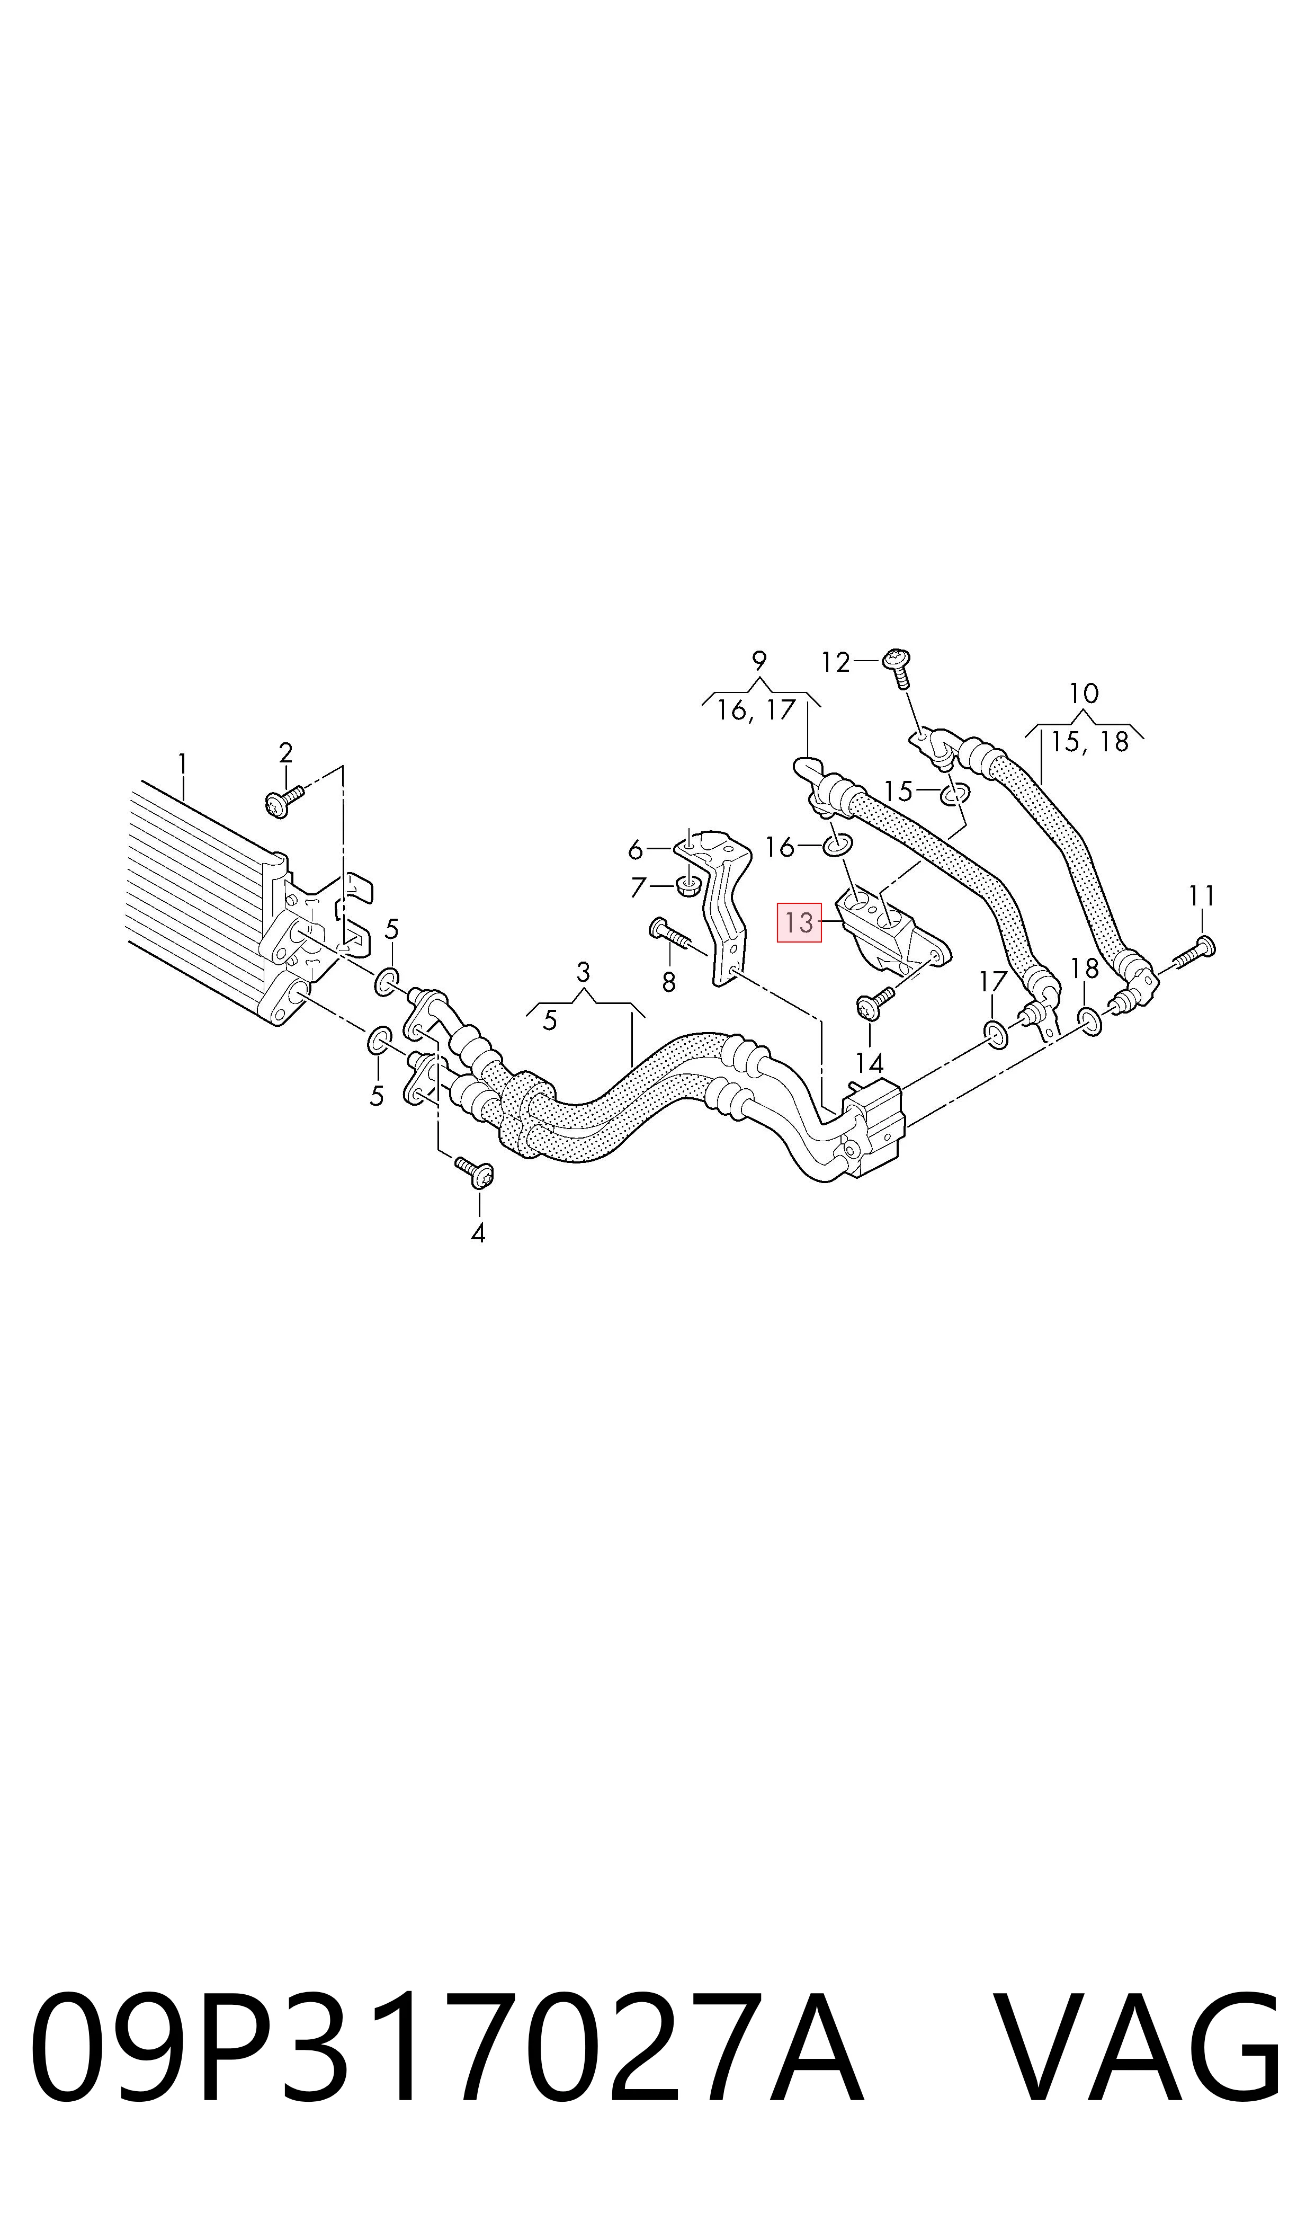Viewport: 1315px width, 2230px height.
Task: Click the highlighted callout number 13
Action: coord(799,922)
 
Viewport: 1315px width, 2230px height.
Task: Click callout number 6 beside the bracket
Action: coord(634,850)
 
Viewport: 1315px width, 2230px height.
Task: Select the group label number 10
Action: coord(1084,693)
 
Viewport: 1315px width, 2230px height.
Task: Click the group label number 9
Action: coord(758,661)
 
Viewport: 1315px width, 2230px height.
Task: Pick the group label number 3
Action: coord(582,972)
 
